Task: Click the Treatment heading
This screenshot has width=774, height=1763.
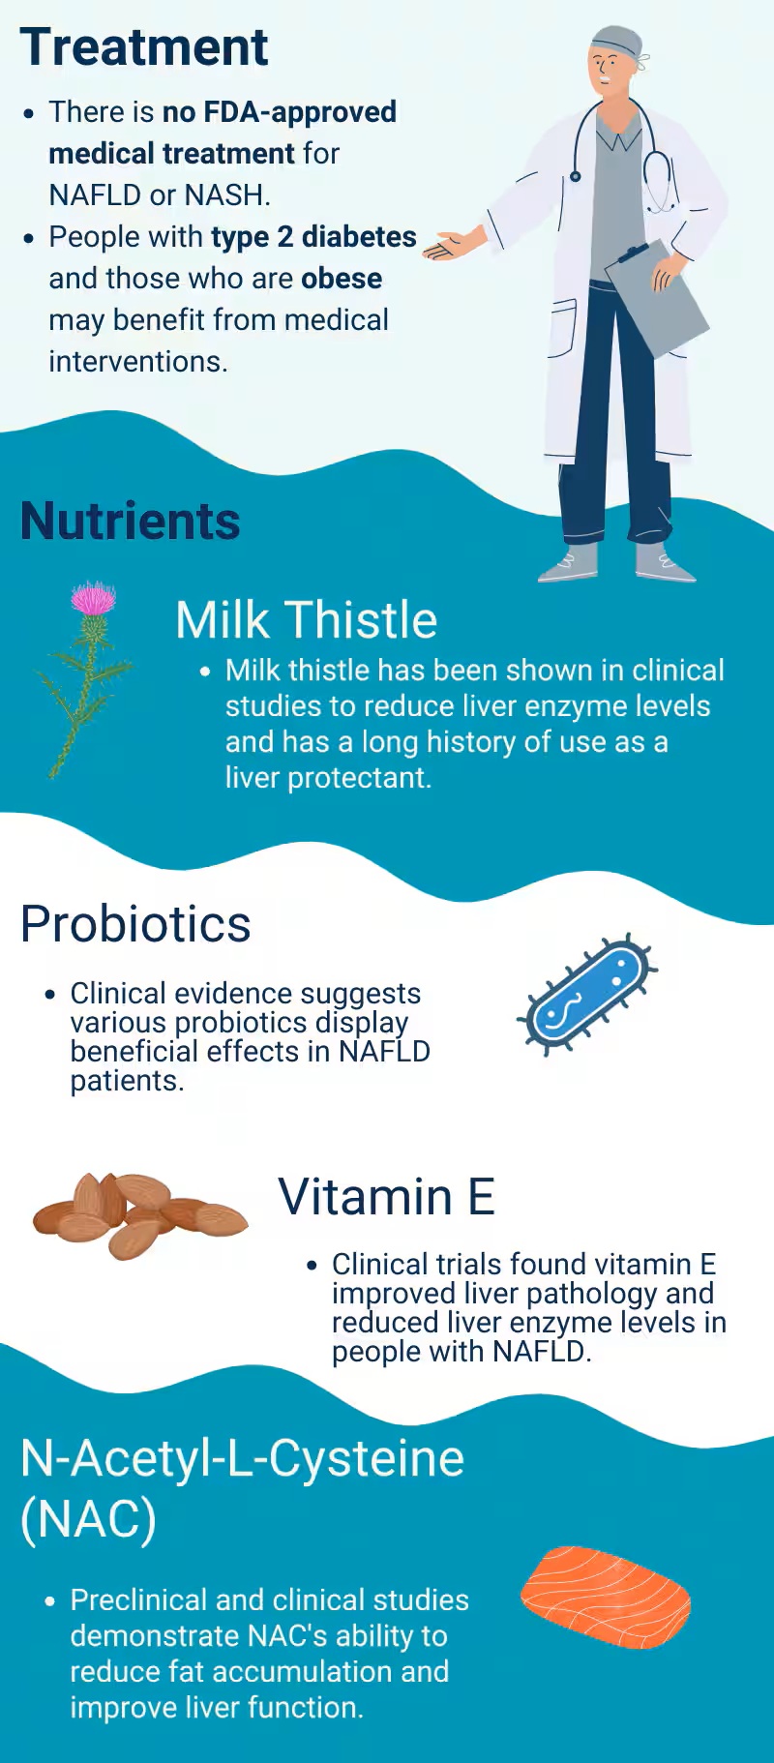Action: [143, 47]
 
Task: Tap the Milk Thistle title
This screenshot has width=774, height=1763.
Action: [306, 619]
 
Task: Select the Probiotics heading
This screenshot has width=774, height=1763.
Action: [135, 924]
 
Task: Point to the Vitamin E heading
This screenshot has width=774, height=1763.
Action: [386, 1197]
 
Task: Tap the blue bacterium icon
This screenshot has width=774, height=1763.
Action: [587, 995]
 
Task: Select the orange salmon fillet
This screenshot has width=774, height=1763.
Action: [606, 1596]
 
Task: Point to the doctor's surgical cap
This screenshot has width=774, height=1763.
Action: [616, 42]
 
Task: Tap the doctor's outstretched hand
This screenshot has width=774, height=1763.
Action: [454, 246]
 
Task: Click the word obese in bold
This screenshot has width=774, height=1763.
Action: [341, 279]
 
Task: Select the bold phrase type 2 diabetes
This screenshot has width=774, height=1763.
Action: [313, 237]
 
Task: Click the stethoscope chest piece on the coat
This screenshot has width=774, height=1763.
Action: [575, 176]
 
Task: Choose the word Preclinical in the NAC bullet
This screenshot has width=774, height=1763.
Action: [139, 1599]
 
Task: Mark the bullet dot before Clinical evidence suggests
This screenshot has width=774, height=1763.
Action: [50, 995]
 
